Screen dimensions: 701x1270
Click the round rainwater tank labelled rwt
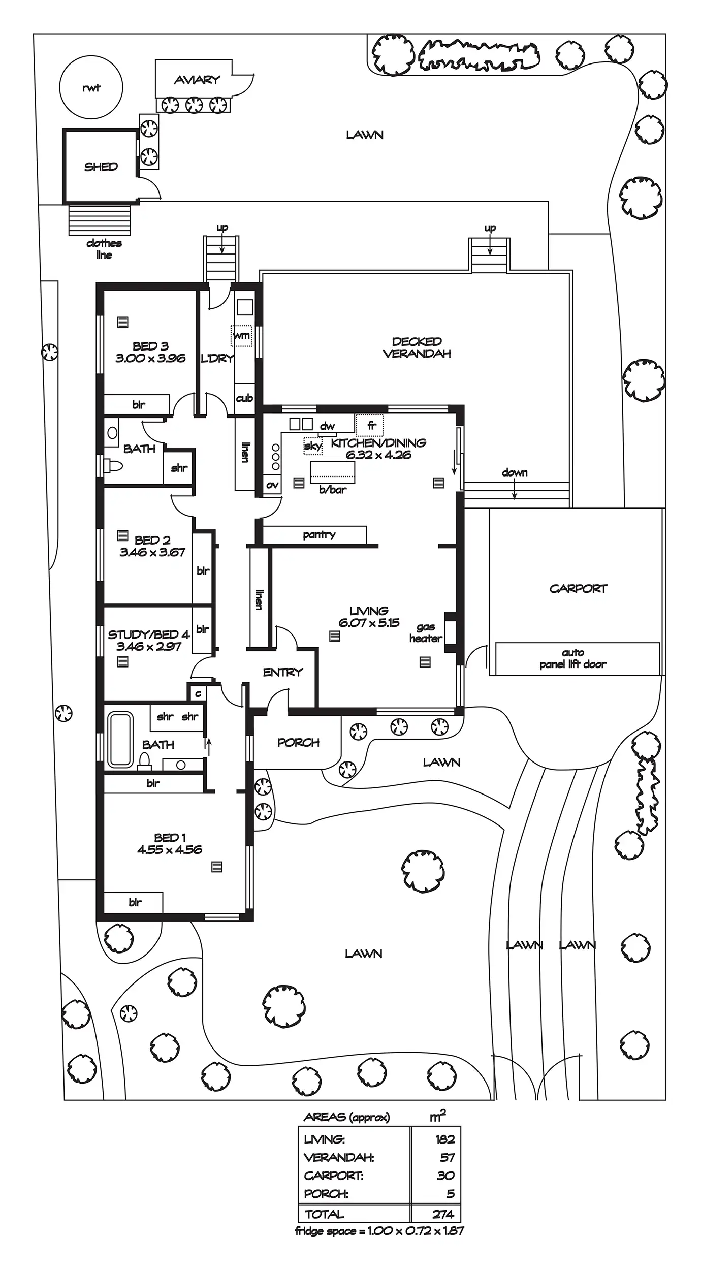pos(91,87)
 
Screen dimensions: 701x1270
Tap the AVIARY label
pos(197,80)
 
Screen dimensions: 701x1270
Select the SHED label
pos(101,167)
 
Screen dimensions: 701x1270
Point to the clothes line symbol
pos(100,220)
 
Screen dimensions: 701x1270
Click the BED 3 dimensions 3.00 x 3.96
pos(150,358)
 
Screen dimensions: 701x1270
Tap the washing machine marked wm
pos(241,336)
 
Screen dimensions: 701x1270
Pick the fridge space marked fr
pos(369,425)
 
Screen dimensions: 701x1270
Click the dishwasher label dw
pos(327,426)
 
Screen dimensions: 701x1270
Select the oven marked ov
pos(272,485)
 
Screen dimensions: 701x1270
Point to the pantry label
pos(319,534)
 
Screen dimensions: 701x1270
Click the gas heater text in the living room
pos(426,633)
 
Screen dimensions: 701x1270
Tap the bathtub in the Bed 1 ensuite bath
pos(120,740)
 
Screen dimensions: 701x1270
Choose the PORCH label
pos(298,743)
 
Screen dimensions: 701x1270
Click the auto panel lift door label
pos(573,658)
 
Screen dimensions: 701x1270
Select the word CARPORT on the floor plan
pos(578,589)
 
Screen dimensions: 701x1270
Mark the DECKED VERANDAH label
pos(417,347)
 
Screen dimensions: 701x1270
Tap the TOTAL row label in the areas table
pos(324,1214)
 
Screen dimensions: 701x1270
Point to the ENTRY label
pos(282,672)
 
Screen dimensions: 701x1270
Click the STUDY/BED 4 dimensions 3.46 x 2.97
pos(149,647)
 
